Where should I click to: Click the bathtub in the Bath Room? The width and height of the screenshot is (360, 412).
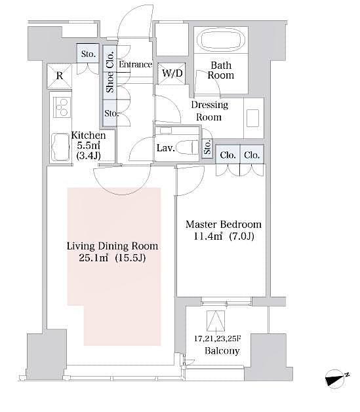point(221,39)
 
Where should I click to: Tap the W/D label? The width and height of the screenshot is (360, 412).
point(172,73)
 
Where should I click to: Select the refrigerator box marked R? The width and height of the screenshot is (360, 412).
point(60,76)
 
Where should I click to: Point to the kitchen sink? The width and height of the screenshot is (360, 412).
point(64,145)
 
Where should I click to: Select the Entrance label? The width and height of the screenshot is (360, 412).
point(136,64)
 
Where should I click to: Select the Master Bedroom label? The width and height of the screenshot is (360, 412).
point(223,223)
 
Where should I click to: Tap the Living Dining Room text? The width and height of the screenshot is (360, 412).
point(113,246)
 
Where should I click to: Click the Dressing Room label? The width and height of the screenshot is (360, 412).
point(209,111)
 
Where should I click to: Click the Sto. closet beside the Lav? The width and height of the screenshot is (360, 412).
point(208,149)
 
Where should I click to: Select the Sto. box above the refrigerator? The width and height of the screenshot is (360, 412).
point(88,54)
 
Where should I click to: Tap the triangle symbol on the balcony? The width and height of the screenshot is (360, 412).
point(215,320)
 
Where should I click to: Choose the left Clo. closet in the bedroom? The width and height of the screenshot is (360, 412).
point(227,155)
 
